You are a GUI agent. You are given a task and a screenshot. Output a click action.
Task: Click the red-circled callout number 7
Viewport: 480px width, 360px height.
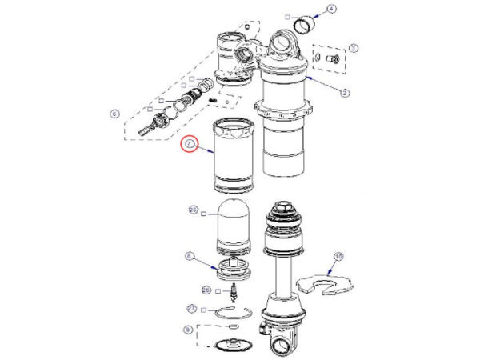coord(190,145)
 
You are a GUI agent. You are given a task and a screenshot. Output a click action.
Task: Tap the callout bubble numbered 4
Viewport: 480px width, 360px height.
coord(332,9)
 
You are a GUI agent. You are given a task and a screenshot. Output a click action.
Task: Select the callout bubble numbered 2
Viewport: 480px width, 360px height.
coord(345,93)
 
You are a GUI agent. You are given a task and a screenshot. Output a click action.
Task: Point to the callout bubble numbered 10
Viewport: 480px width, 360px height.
coord(338,257)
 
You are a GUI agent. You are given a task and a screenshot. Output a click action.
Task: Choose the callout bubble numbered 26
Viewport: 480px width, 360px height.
coord(206,290)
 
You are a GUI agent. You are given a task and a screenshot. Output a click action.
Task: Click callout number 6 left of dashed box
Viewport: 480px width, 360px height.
coord(114,114)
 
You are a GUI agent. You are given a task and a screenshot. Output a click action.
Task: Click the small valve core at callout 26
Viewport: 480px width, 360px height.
coord(233,292)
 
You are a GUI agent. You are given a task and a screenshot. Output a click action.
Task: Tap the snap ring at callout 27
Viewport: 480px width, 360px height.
coord(231,313)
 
